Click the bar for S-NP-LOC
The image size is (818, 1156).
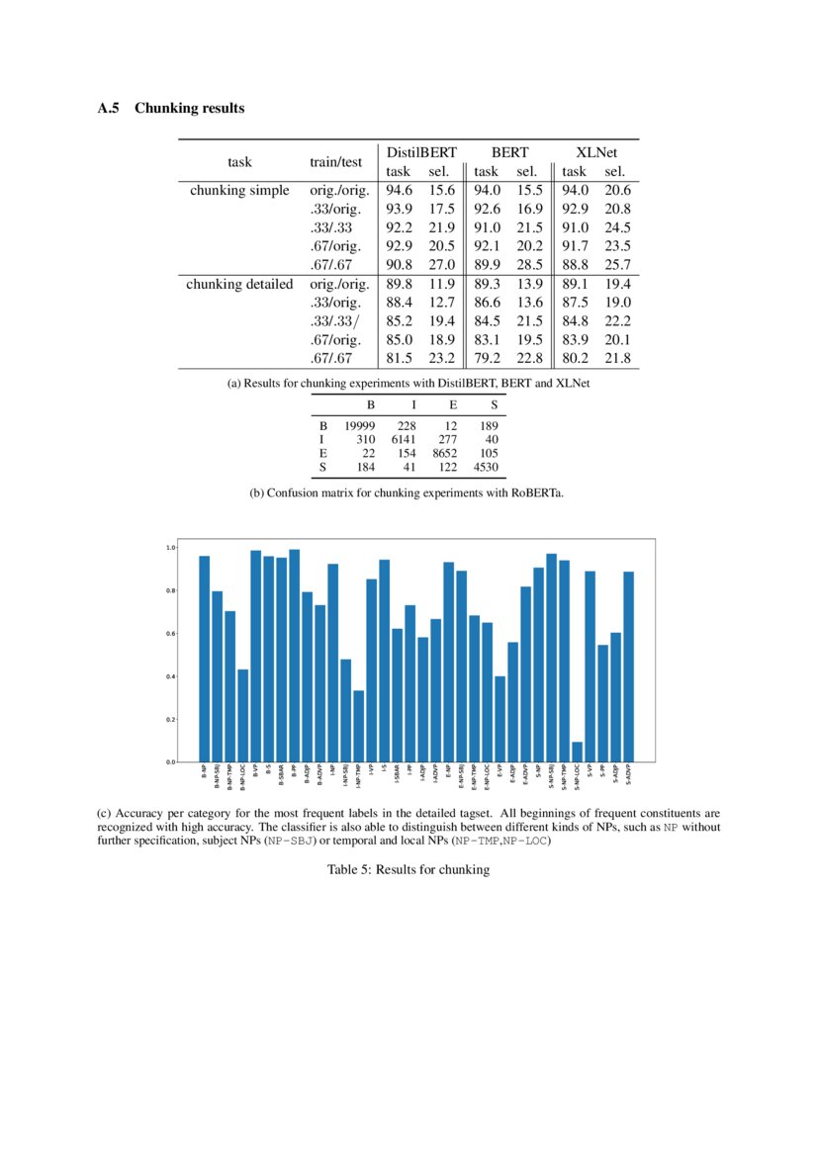(577, 752)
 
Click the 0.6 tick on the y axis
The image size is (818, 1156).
(171, 634)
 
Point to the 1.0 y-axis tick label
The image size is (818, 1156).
(171, 548)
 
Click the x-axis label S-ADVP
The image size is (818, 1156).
(629, 773)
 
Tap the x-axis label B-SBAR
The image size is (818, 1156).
(282, 773)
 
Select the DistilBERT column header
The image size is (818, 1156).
(420, 152)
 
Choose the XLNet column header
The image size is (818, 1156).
(596, 152)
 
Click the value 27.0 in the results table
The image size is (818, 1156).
(441, 265)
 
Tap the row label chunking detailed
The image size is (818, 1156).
(240, 284)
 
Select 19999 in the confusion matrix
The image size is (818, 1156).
(359, 425)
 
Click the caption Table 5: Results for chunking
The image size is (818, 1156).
(409, 870)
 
